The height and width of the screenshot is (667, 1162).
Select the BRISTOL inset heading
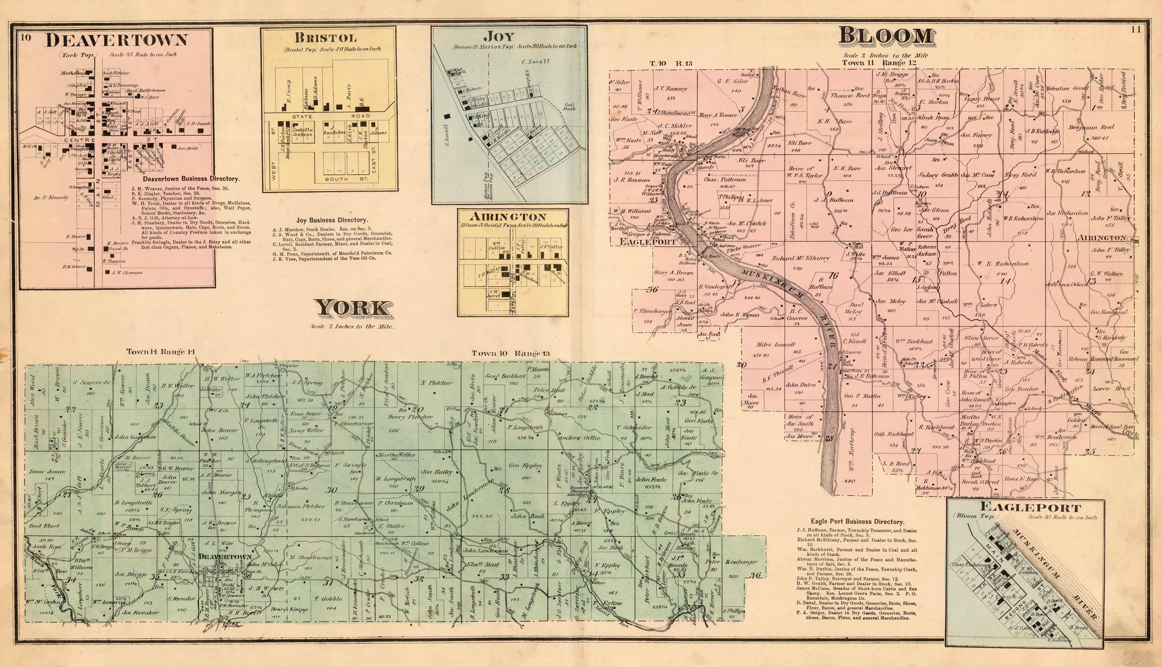pos(325,38)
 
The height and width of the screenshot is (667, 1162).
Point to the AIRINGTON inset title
pos(513,217)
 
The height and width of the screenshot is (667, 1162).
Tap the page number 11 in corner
pos(1134,30)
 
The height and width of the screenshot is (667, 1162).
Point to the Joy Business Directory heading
pos(332,220)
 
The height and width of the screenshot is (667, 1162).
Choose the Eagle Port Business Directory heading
pos(858,521)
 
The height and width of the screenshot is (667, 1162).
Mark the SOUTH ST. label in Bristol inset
pos(336,179)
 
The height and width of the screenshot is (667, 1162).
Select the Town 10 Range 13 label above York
pos(511,353)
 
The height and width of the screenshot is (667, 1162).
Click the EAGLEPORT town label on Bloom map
pos(647,241)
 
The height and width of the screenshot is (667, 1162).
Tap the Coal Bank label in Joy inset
pos(569,106)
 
